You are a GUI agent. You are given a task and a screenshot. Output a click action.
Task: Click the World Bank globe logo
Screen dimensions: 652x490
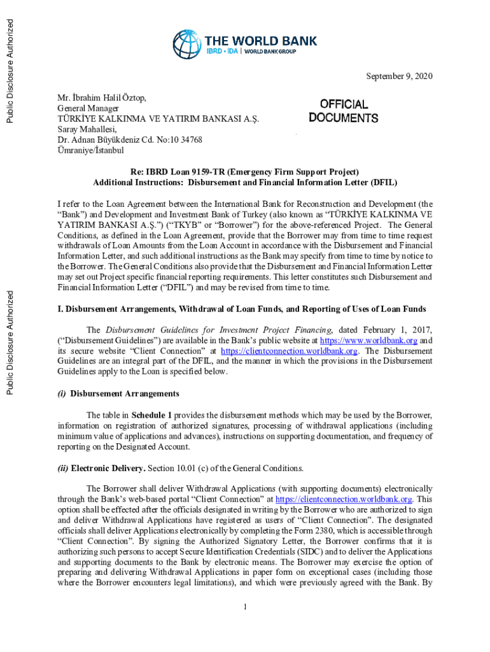point(187,44)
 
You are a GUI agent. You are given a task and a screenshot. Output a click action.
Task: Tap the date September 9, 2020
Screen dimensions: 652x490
point(399,77)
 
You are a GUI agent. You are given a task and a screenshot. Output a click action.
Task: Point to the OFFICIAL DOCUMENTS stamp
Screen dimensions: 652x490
point(344,111)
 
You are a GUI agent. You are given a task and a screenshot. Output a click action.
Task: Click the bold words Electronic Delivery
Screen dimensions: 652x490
point(108,468)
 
